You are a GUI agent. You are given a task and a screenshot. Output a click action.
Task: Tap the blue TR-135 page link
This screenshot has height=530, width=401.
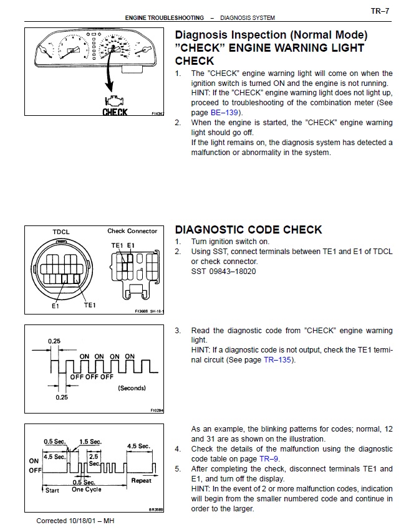tap(278, 359)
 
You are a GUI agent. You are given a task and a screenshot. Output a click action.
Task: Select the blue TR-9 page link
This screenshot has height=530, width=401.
tap(269, 458)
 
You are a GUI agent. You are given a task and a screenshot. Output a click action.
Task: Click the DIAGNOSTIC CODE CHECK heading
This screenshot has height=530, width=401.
tap(248, 229)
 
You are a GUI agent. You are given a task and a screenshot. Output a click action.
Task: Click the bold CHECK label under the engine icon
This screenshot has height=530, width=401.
tap(115, 112)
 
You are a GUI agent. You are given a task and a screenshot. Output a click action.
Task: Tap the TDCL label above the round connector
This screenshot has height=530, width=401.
tap(61, 232)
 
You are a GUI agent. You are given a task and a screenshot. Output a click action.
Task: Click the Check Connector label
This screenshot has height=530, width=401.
tap(132, 231)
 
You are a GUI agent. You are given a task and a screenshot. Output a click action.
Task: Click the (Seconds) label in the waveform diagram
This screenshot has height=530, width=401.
tap(132, 388)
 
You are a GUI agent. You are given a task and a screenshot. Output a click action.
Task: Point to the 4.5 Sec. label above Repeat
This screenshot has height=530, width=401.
tap(138, 446)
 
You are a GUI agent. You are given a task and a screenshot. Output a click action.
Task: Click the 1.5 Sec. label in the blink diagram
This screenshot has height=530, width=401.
tap(90, 442)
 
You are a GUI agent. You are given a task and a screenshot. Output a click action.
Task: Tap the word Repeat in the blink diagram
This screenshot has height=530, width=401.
tap(142, 481)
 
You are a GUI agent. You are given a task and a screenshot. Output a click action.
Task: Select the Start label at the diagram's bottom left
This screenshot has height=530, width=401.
tap(52, 490)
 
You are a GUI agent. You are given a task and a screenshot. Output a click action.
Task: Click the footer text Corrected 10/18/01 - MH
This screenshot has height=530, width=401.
tap(75, 521)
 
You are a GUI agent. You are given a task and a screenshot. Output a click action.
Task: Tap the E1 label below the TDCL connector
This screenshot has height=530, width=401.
tap(55, 306)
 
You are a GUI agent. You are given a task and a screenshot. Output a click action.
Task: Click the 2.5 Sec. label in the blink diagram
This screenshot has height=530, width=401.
tap(94, 460)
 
